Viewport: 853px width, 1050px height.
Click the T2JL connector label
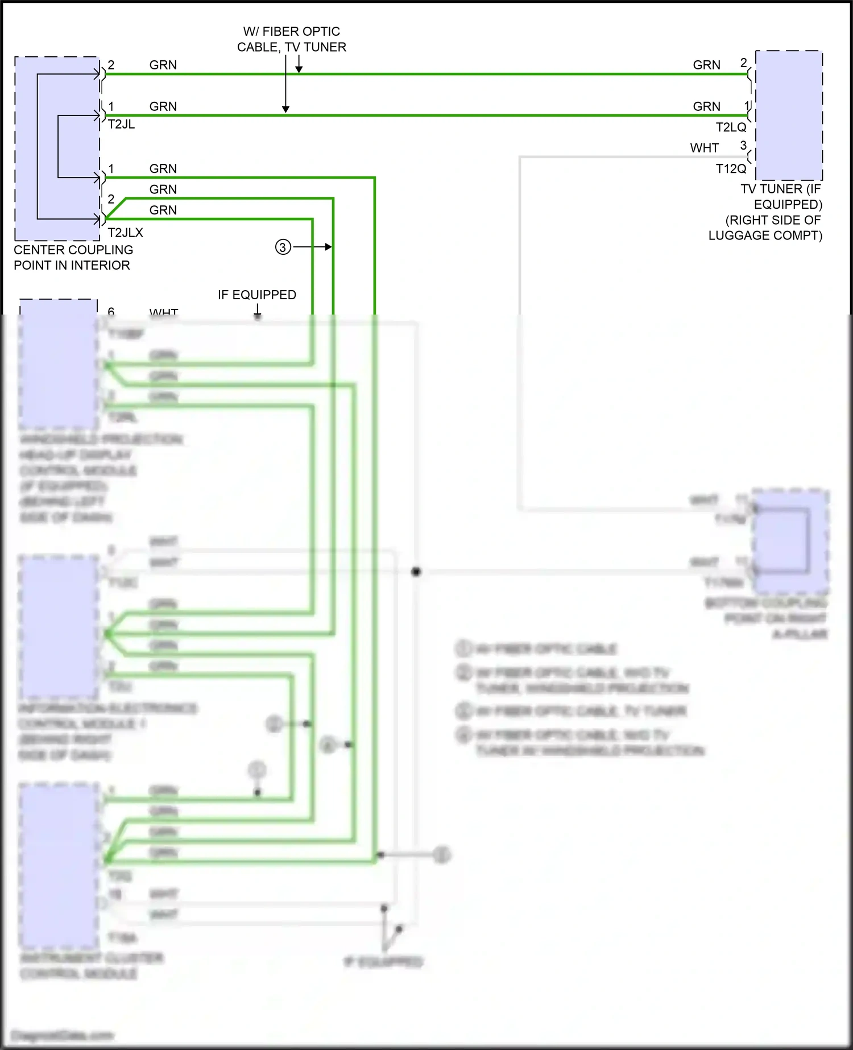click(121, 125)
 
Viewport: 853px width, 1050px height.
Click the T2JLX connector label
click(125, 233)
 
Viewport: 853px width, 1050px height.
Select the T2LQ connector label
click(731, 127)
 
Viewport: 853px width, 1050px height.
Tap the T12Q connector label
click(731, 169)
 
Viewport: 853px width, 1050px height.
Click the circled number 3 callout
click(283, 247)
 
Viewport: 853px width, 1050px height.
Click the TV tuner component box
click(789, 115)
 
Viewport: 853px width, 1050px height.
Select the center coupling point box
click(57, 148)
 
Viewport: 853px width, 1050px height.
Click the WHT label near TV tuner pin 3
click(705, 148)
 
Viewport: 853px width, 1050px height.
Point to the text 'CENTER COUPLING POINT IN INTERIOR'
click(73, 258)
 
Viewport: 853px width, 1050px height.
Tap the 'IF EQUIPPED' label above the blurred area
click(256, 295)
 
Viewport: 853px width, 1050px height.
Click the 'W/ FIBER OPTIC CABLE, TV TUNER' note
click(291, 39)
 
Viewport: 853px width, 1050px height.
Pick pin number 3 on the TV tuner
click(743, 146)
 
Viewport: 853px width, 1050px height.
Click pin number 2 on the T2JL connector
click(111, 65)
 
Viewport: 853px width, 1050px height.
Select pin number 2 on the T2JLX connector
click(111, 199)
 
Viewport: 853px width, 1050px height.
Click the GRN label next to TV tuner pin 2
click(706, 65)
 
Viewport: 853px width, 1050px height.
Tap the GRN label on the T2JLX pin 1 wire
click(163, 169)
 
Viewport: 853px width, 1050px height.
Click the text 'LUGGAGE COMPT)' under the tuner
click(765, 235)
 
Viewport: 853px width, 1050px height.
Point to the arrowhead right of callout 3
click(329, 247)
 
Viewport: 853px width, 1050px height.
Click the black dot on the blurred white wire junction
click(416, 571)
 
